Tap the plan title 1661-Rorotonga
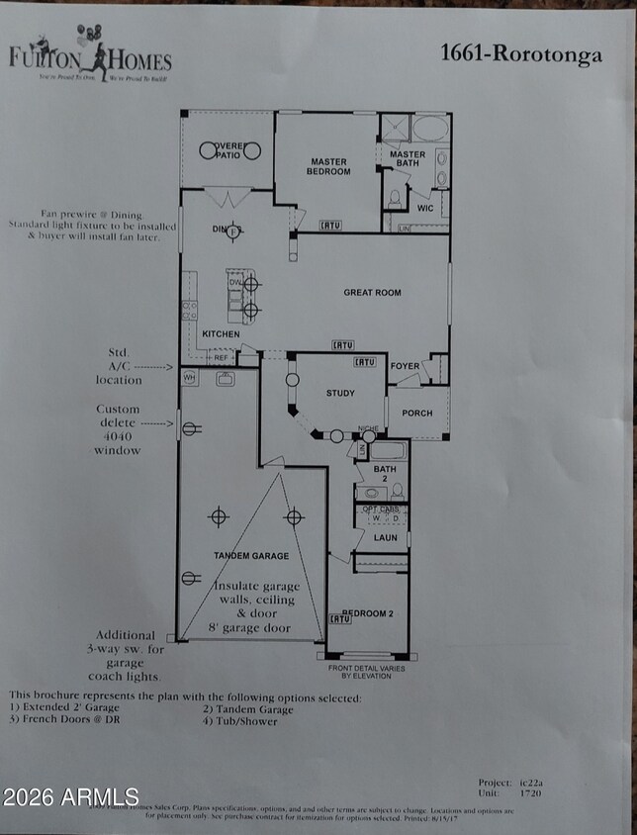(x=520, y=53)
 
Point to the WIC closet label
(x=425, y=208)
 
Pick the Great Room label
(x=372, y=293)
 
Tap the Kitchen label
(x=221, y=334)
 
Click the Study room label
(x=340, y=394)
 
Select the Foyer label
(x=405, y=366)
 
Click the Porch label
(x=416, y=413)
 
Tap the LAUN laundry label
(x=385, y=537)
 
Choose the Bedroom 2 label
(x=367, y=613)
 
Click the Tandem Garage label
(x=251, y=556)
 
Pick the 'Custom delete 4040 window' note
(x=119, y=429)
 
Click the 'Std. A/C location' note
(x=119, y=365)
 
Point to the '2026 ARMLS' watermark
(x=70, y=796)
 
